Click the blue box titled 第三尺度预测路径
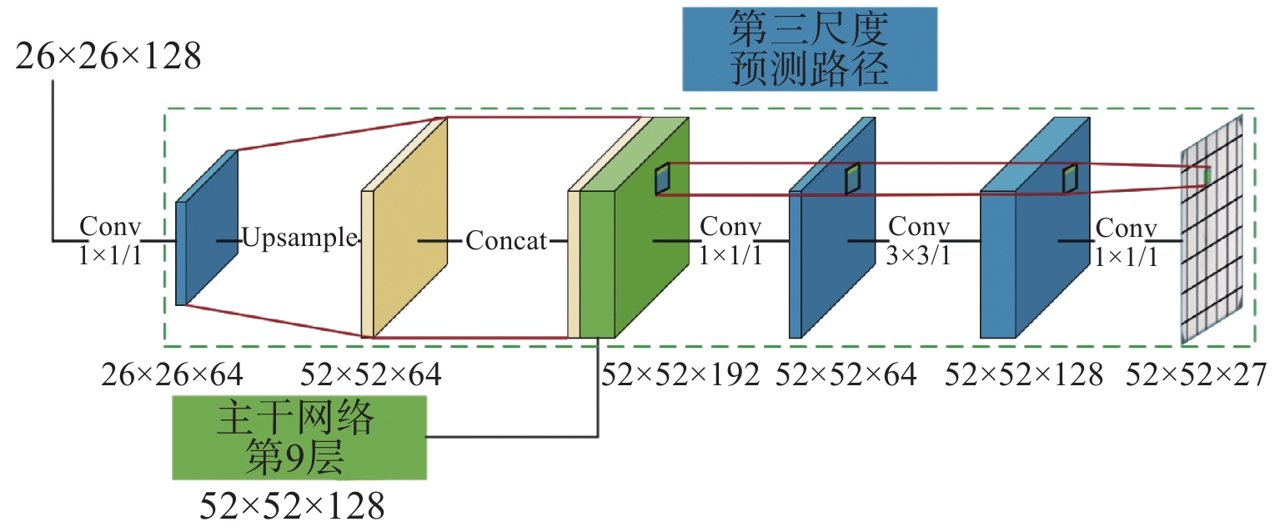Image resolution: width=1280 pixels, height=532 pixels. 809,49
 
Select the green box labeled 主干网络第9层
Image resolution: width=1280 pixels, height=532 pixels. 299,438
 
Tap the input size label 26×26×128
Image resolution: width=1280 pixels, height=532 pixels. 108,58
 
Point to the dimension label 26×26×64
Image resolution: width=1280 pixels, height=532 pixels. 173,375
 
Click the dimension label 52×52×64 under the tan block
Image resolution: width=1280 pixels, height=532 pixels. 370,375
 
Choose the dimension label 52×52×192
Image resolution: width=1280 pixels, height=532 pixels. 680,375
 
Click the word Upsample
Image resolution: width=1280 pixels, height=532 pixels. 299,239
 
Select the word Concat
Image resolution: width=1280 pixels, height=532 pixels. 506,241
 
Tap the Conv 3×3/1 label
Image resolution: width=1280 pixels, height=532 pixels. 919,241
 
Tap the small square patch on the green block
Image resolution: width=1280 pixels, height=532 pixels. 663,179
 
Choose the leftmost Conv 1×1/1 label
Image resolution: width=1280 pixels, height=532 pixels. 111,241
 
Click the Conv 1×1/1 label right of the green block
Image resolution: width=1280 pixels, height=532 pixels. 730,241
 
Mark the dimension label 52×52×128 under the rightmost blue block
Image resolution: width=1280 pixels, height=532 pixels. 1024,375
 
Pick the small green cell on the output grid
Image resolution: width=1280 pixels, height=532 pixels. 1208,176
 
